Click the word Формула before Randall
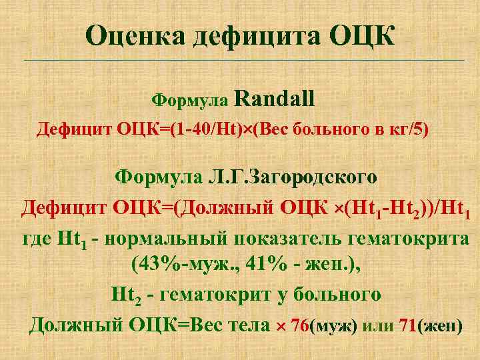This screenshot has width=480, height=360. (191, 101)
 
